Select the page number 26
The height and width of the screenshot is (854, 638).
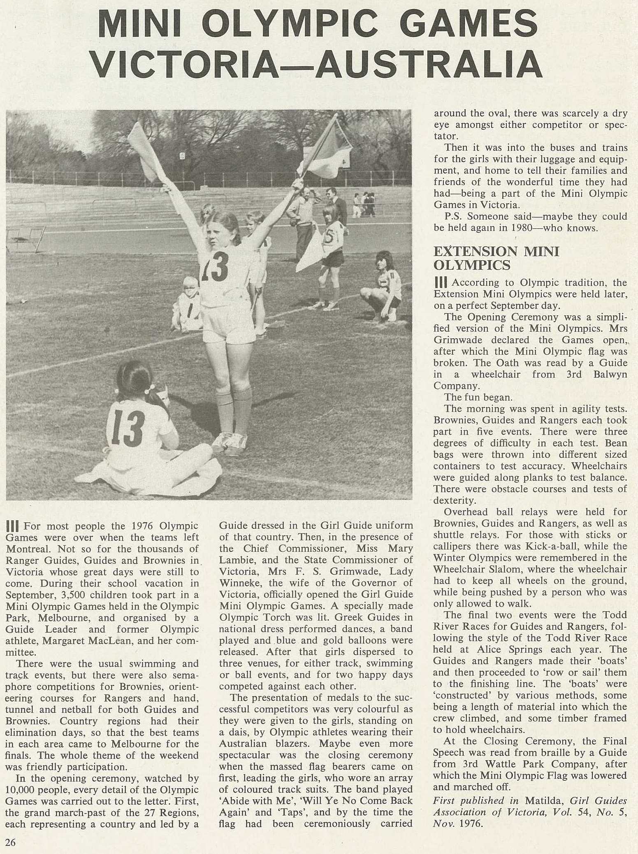[10, 842]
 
